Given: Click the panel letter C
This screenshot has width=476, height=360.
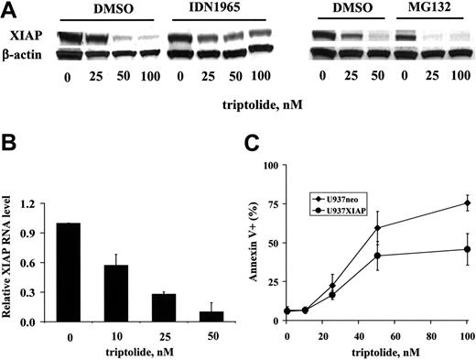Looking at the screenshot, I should tap(247, 146).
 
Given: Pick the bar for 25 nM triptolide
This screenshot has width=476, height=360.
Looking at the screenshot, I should tap(162, 308).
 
